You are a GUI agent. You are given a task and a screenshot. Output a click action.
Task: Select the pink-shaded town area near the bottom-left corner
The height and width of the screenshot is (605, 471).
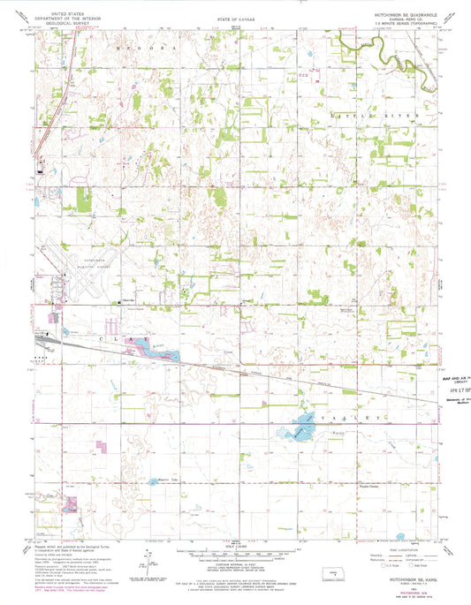69,506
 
